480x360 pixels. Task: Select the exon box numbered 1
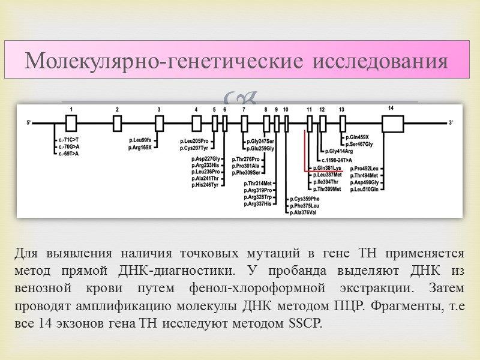71,123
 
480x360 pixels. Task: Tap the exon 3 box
159,123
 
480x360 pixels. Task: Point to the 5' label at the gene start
28,123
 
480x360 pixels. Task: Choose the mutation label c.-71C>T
68,140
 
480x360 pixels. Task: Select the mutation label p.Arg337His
258,204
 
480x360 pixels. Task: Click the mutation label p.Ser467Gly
359,144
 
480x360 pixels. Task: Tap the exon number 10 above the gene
286,110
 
